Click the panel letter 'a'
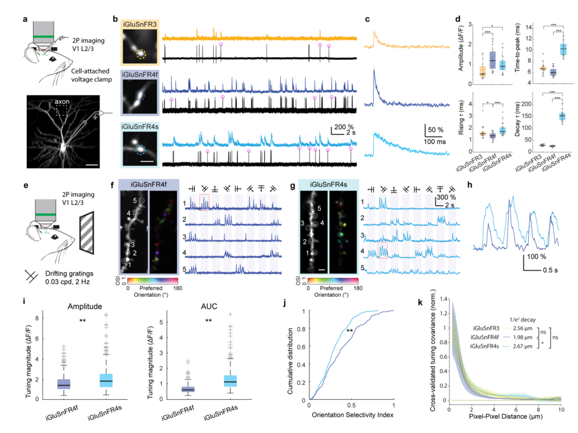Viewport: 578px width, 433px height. tap(24, 20)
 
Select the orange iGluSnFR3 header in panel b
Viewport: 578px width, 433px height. tap(140, 24)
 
